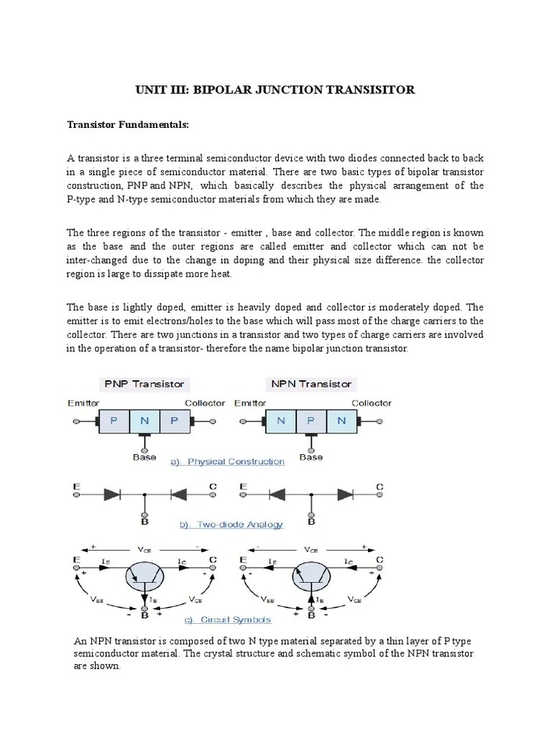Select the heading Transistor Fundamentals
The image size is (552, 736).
[x=128, y=124]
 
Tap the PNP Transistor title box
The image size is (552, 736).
[x=144, y=384]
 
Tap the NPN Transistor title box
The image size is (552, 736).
[x=310, y=384]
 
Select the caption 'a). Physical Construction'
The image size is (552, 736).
[x=227, y=461]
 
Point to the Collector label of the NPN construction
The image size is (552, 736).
[x=372, y=403]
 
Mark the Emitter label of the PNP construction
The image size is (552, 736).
[x=83, y=403]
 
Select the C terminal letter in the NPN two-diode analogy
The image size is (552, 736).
[x=379, y=487]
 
